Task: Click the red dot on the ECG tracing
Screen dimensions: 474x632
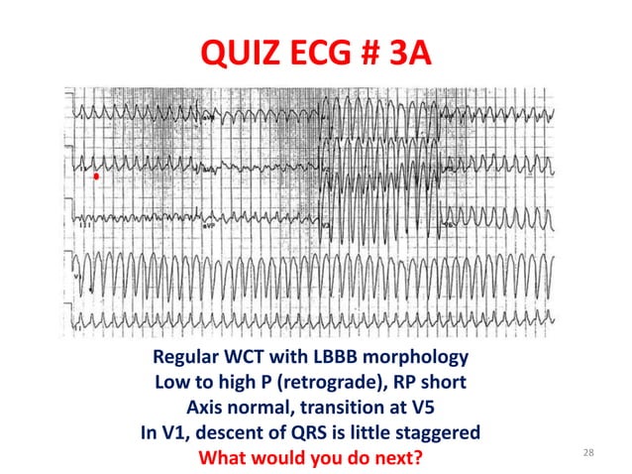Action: pos(96,177)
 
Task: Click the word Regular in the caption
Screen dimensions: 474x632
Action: pos(188,357)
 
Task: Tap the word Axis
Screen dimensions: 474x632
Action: pos(208,408)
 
